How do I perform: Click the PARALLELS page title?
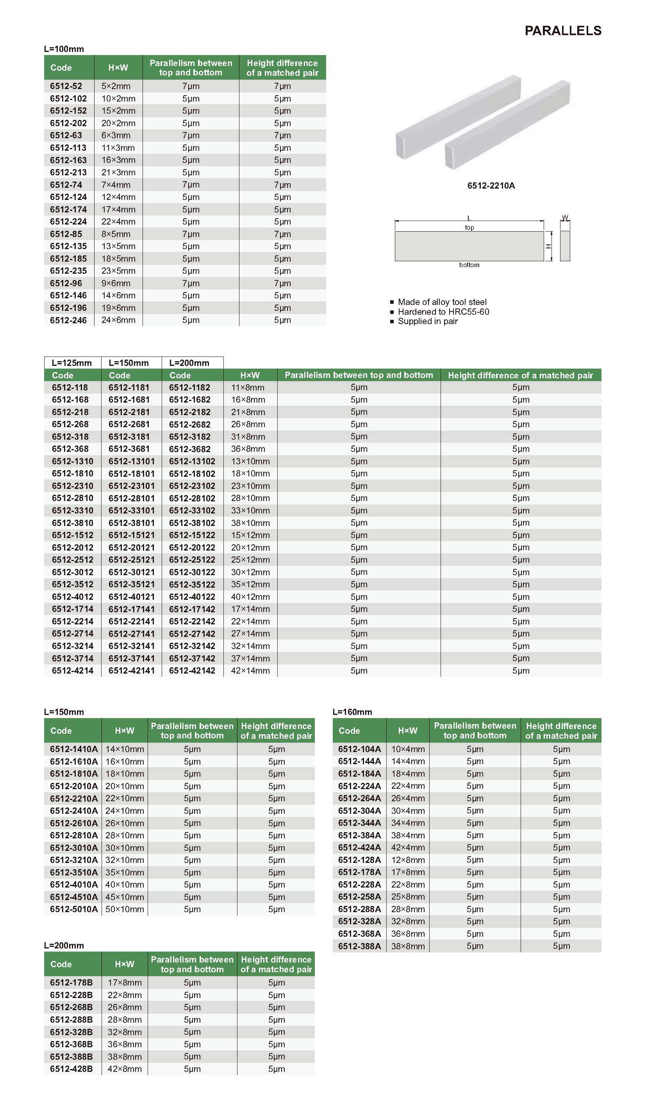(563, 30)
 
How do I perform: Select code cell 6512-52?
(66, 86)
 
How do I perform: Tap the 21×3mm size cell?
(118, 173)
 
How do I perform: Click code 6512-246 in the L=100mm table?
(68, 320)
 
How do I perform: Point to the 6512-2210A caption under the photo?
(491, 185)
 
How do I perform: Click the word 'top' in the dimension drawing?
(469, 227)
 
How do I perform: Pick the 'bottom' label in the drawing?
(469, 265)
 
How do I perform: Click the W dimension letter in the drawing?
(565, 218)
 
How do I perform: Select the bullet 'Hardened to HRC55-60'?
(443, 312)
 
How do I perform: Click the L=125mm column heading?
(72, 363)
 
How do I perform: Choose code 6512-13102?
(192, 462)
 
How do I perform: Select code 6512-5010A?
(74, 909)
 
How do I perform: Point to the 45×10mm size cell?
(125, 897)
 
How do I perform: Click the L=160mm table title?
(352, 712)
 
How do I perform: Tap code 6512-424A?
(359, 847)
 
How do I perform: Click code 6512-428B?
(71, 1069)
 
